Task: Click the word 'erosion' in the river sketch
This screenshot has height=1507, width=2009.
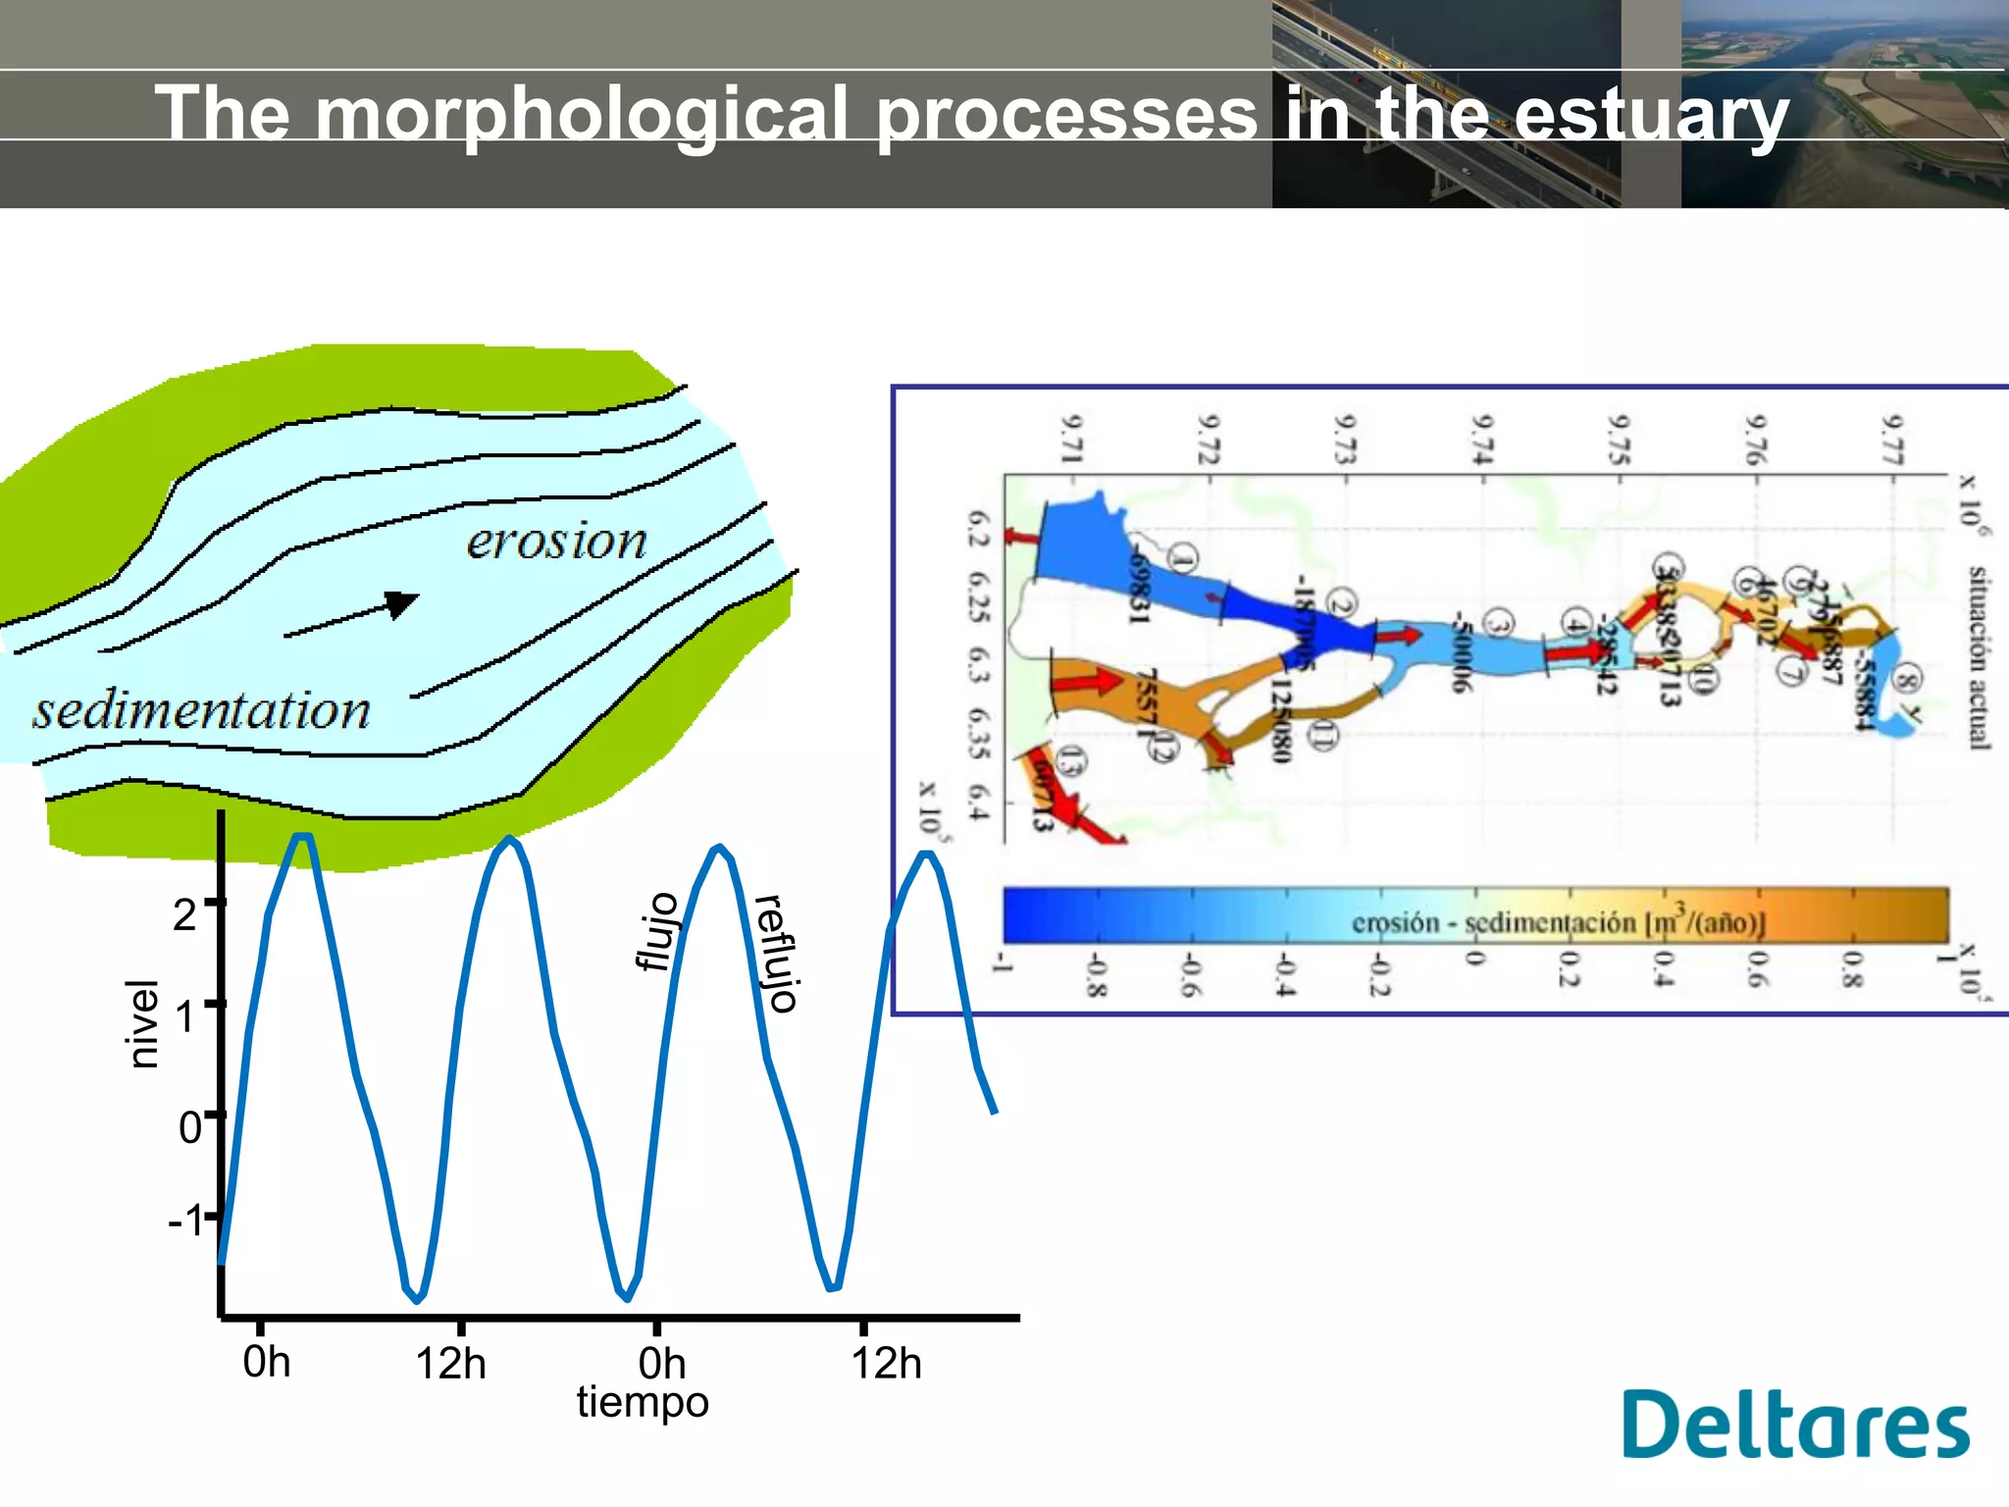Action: tap(556, 542)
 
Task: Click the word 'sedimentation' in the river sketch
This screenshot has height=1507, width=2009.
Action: tap(201, 710)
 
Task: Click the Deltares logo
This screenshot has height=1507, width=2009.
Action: tap(1794, 1424)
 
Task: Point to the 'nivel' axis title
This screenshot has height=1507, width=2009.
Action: tap(143, 1023)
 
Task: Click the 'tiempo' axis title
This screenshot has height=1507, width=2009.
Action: tap(643, 1402)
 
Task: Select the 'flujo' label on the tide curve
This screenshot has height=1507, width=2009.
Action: tap(658, 932)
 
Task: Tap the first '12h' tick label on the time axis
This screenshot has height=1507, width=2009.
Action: tap(450, 1364)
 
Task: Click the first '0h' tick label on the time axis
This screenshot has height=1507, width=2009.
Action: tap(266, 1362)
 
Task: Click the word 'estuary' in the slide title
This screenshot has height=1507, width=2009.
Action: tap(1651, 116)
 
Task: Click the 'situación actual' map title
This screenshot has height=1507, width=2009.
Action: tap(1978, 657)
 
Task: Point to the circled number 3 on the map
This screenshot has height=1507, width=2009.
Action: tap(1497, 624)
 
